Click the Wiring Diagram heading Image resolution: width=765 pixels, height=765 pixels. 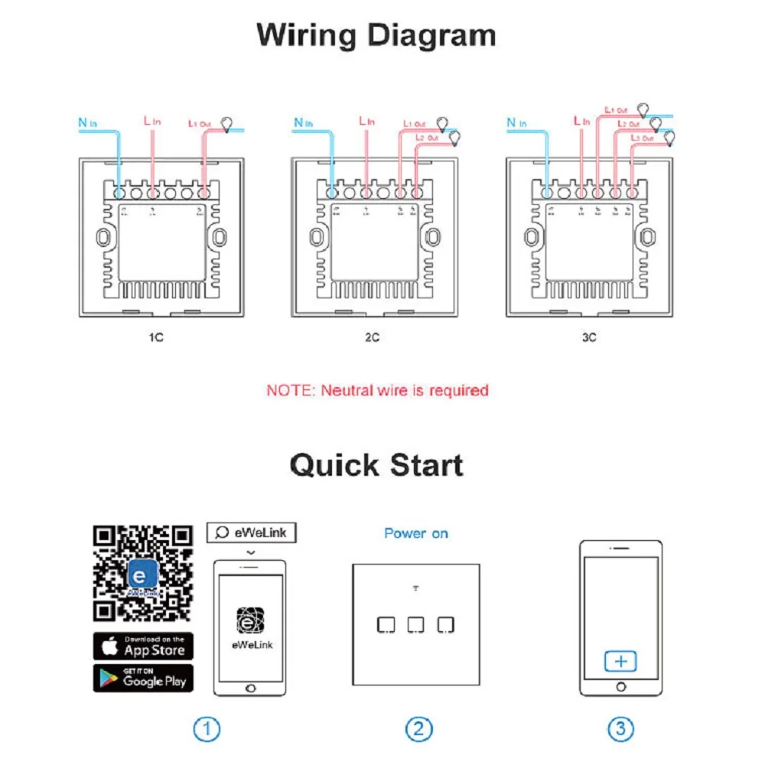376,36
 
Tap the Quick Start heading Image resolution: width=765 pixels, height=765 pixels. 376,465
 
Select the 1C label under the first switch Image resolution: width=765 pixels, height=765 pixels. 155,337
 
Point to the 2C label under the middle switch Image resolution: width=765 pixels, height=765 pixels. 371,337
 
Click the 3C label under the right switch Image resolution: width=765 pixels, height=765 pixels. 588,337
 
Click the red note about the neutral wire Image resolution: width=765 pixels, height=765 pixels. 377,390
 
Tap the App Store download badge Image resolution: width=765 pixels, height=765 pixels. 144,647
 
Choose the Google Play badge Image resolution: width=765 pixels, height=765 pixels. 144,679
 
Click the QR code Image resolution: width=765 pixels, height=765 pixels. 143,573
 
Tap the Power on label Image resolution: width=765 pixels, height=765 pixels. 416,533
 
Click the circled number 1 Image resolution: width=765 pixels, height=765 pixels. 207,729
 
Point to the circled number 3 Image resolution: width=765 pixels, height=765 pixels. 620,729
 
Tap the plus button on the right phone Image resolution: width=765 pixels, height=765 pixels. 620,662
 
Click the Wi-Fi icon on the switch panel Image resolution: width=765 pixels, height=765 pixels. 416,589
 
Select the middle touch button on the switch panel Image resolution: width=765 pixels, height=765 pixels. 415,625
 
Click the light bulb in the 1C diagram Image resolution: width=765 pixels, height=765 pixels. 228,123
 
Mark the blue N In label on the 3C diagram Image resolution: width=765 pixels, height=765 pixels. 517,122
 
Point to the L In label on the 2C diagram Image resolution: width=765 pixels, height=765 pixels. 367,121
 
